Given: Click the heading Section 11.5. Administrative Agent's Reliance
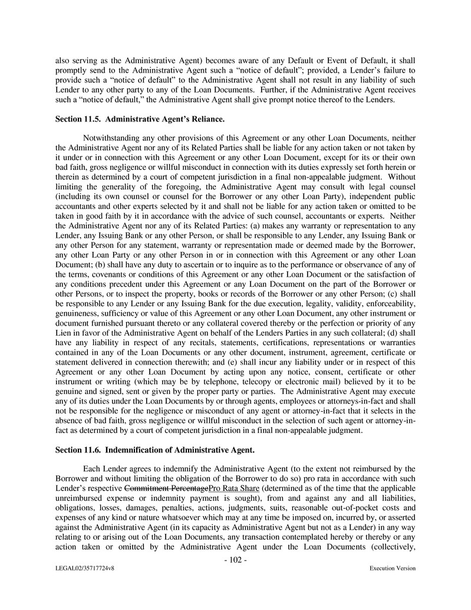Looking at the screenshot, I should (x=140, y=120).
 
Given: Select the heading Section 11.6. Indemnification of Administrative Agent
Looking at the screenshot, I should (x=154, y=450).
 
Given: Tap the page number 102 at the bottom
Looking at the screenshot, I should (x=235, y=560).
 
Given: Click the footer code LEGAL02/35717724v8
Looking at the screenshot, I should (x=85, y=569).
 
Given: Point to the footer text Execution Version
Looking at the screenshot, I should (x=392, y=569).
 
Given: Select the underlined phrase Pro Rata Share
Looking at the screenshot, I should (x=234, y=489).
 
